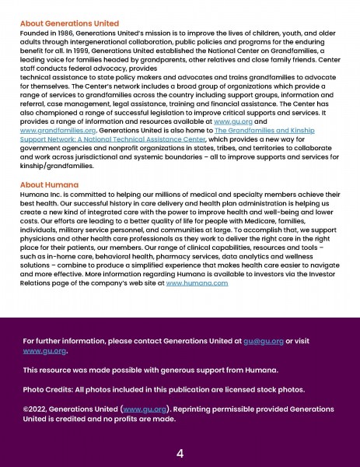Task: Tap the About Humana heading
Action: pyautogui.click(x=51, y=184)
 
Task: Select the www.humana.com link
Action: pyautogui.click(x=197, y=283)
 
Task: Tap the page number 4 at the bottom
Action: pyautogui.click(x=180, y=454)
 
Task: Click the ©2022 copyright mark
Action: pyautogui.click(x=35, y=409)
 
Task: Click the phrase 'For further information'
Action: pyautogui.click(x=61, y=341)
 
